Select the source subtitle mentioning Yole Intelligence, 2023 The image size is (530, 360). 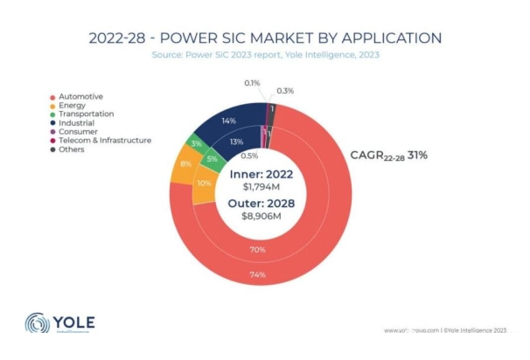click(265, 55)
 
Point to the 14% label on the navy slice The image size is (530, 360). click(230, 120)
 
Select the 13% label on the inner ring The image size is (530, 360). click(236, 142)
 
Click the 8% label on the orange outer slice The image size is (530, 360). click(185, 163)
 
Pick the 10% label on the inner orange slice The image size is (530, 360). click(205, 183)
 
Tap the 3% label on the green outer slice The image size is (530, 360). click(198, 142)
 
